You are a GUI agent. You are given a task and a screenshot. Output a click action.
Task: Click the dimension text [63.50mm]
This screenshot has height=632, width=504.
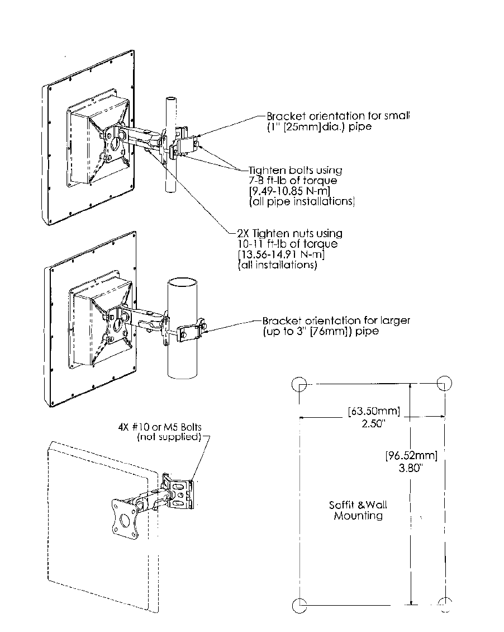pyautogui.click(x=374, y=412)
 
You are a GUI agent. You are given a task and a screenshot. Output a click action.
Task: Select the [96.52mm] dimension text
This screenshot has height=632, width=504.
pyautogui.click(x=411, y=455)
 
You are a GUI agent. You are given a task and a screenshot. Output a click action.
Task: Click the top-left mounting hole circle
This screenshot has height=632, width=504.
pyautogui.click(x=299, y=383)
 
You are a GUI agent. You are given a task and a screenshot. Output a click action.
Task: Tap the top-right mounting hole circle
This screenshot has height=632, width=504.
pyautogui.click(x=444, y=383)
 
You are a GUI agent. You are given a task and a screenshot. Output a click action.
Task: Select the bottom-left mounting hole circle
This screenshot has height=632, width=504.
pyautogui.click(x=299, y=604)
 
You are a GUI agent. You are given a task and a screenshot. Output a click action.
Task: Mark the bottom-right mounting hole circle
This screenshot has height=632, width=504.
pyautogui.click(x=445, y=603)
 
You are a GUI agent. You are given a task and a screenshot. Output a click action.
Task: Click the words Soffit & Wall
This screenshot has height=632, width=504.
pyautogui.click(x=358, y=505)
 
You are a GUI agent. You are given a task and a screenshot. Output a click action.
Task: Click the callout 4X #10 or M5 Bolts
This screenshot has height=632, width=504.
pyautogui.click(x=160, y=427)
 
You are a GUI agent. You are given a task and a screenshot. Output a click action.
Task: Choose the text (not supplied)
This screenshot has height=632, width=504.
pyautogui.click(x=169, y=437)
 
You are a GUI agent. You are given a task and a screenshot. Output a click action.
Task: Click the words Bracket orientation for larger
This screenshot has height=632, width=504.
pyautogui.click(x=336, y=320)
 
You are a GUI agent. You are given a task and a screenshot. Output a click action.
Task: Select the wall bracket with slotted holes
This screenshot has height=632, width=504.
pyautogui.click(x=179, y=493)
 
